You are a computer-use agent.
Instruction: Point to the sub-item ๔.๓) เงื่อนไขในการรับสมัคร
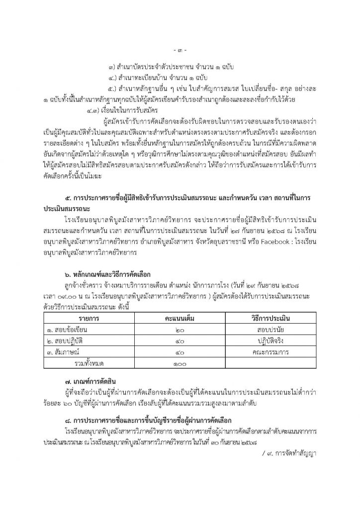point(120,110)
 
